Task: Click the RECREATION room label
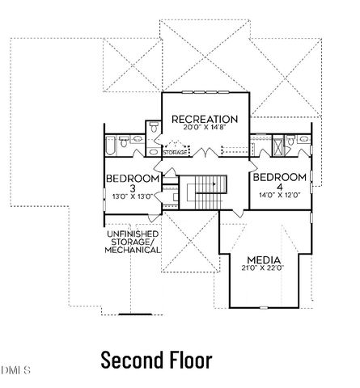point(204,120)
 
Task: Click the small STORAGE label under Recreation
point(176,152)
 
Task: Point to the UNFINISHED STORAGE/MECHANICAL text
point(132,242)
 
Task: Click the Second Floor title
point(156,360)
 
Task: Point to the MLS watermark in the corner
point(15,370)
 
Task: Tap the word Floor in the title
point(188,360)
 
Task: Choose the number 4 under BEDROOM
point(279,187)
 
